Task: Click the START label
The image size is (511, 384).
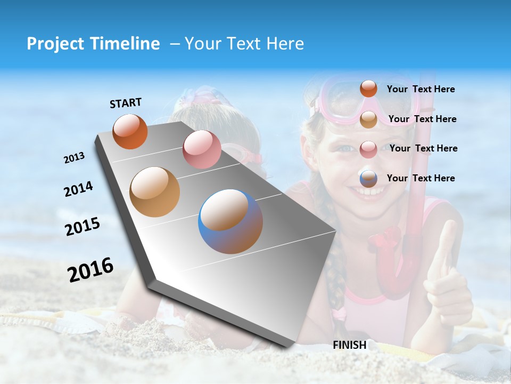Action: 126,103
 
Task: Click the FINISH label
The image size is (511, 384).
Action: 350,345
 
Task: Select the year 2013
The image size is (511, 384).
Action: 74,158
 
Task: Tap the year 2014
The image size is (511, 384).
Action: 78,189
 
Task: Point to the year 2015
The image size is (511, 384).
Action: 82,227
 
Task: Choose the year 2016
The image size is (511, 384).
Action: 90,270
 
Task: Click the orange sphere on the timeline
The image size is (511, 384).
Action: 130,132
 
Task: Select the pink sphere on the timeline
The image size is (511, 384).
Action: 202,149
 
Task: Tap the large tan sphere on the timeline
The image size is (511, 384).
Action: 154,192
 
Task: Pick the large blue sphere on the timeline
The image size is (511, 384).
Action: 230,221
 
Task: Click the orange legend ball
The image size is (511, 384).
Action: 368,89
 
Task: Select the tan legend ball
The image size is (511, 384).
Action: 368,119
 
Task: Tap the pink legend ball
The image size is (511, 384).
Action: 368,149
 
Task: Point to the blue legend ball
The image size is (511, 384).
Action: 368,179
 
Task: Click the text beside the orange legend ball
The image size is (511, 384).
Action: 421,90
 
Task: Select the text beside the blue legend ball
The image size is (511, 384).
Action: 421,178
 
